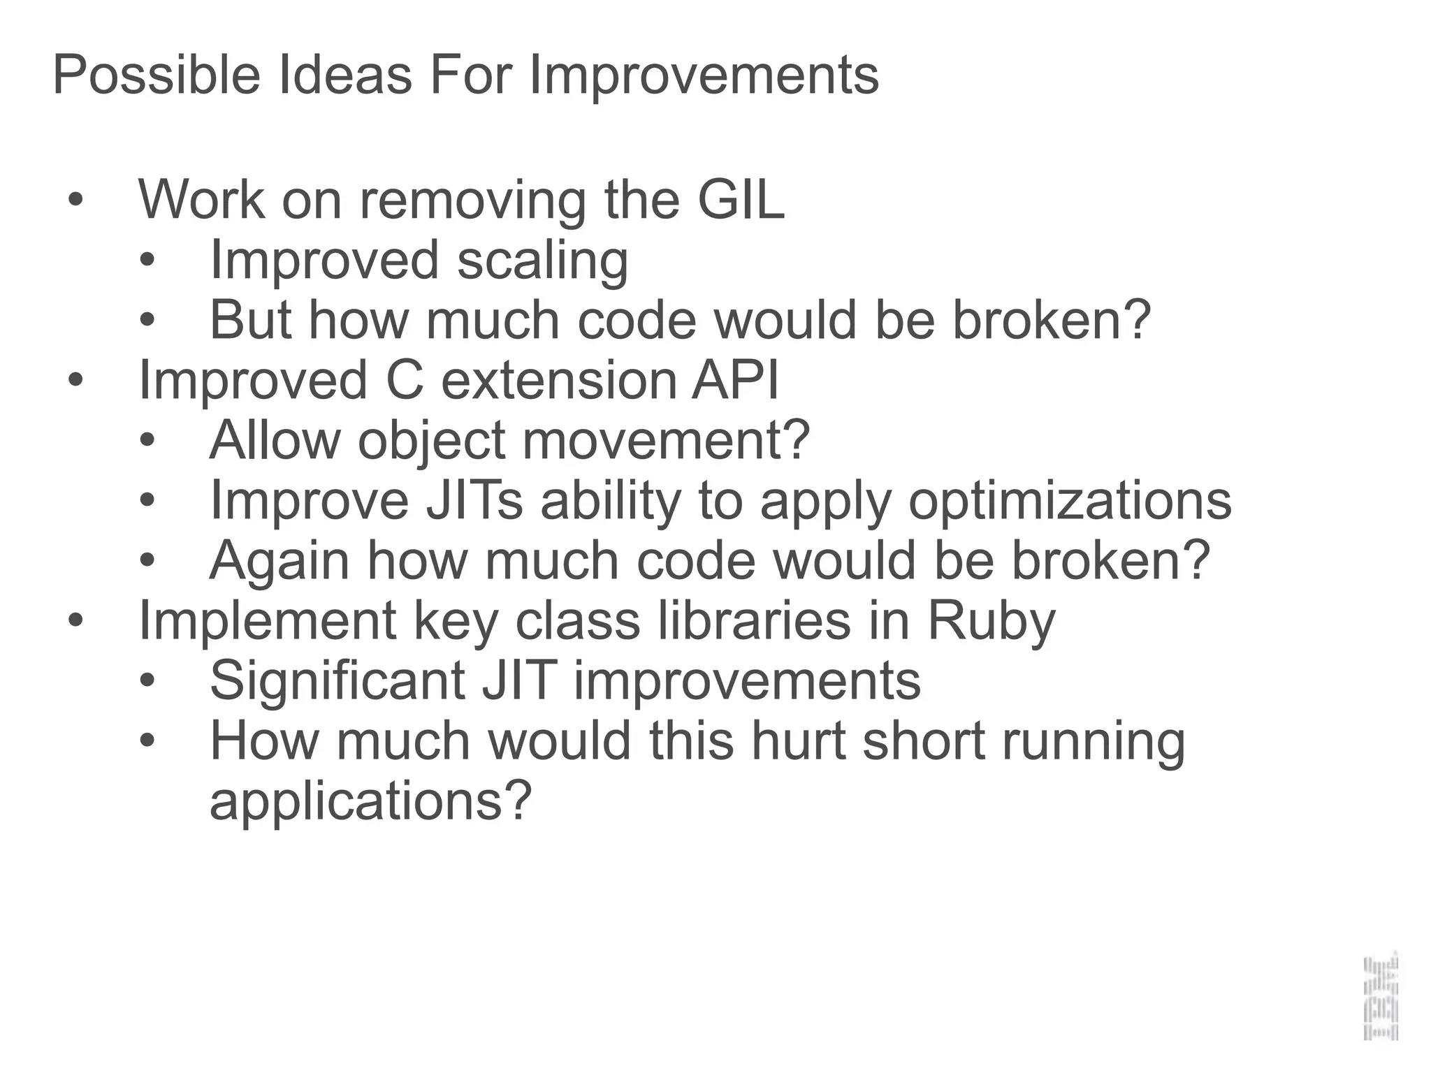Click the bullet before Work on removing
pyautogui.click(x=75, y=200)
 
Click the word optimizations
pyautogui.click(x=1069, y=501)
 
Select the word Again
pyautogui.click(x=279, y=561)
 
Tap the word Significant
pyautogui.click(x=337, y=681)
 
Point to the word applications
pyautogui.click(x=370, y=801)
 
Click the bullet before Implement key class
pyautogui.click(x=75, y=621)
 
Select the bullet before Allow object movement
pyautogui.click(x=147, y=441)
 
